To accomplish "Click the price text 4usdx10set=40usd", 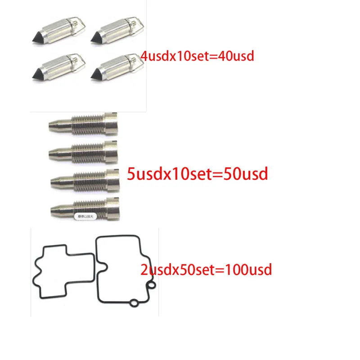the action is click(x=198, y=56).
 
